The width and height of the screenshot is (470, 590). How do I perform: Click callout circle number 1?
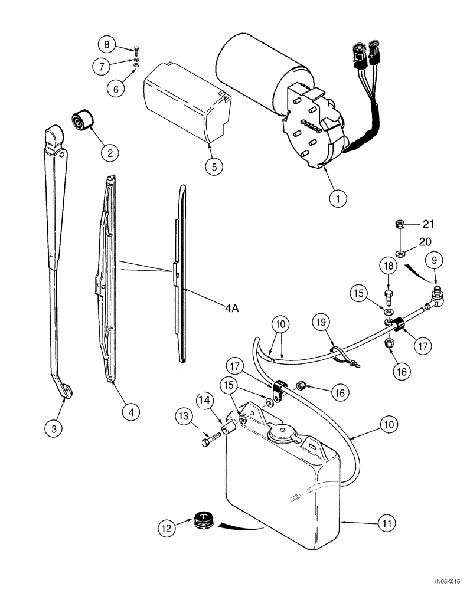tap(338, 199)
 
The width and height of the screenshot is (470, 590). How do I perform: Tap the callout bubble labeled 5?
tap(214, 167)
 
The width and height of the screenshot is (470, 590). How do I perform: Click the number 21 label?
tap(428, 224)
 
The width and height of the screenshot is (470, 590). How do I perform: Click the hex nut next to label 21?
tap(398, 224)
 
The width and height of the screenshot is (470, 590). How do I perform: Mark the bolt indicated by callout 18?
tap(389, 293)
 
